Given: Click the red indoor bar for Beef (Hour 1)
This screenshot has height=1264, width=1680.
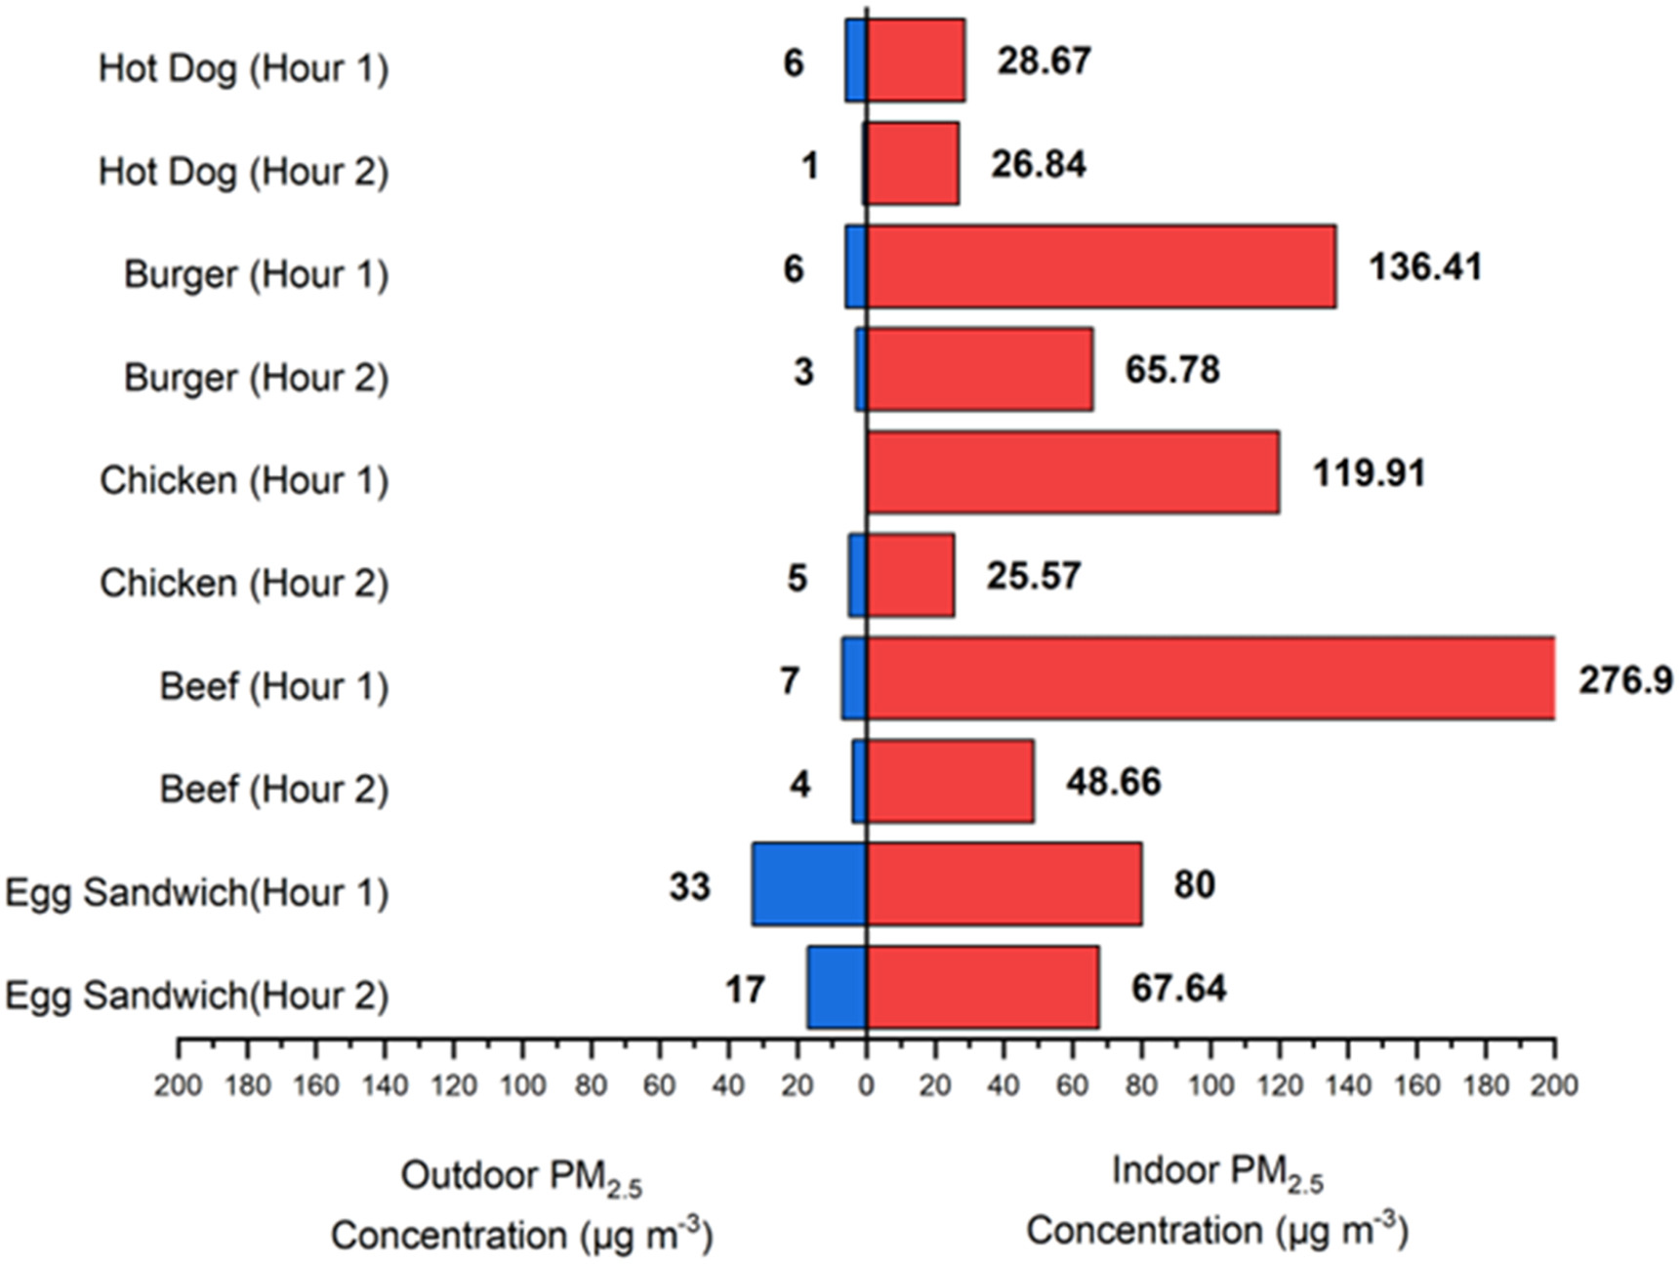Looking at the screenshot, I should point(1210,678).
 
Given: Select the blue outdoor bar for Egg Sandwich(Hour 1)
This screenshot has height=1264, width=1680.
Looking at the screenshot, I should point(809,884).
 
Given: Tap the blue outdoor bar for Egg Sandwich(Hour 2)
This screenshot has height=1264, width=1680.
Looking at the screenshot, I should point(837,987).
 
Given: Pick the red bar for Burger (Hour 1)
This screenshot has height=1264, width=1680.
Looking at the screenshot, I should point(1101,266).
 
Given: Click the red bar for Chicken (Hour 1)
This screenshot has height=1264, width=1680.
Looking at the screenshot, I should point(1073,472).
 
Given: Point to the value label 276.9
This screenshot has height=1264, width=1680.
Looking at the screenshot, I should point(1625,679).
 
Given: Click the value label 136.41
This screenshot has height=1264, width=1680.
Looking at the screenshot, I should point(1425,266).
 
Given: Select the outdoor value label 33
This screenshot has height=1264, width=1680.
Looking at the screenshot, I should point(689,886).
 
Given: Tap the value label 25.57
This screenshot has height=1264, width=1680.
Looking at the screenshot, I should point(1033,576).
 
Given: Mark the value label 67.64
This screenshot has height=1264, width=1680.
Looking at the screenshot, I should point(1178,988).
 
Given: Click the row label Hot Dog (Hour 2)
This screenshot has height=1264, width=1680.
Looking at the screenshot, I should point(243,172).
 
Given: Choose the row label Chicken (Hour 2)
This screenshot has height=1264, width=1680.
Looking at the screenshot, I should point(244,584).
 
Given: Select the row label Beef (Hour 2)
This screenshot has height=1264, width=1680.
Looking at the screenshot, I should point(274,789).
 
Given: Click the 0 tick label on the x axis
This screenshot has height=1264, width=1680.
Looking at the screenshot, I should point(866,1085).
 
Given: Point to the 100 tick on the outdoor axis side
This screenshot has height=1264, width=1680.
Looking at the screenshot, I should point(522,1085).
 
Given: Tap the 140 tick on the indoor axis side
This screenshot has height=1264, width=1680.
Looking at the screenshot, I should point(1347,1085).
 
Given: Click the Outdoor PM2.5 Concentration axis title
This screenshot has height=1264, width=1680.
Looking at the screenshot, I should point(521,1205).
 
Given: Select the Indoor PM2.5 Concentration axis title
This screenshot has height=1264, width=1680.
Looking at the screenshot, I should point(1216,1201).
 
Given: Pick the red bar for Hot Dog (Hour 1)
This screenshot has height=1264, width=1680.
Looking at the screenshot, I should point(916,61).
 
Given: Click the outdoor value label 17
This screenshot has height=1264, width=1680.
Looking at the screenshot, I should point(744,990).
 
